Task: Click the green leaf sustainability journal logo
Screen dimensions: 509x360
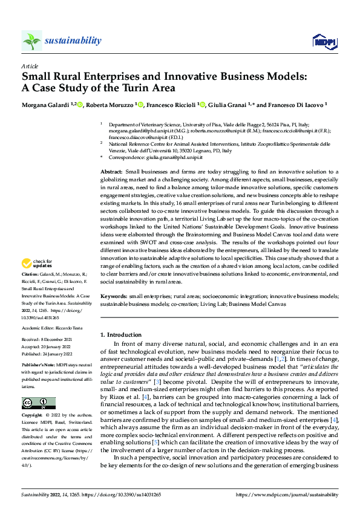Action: pyautogui.click(x=32, y=41)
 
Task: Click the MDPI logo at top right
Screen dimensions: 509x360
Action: pyautogui.click(x=322, y=41)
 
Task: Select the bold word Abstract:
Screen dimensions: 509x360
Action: pyautogui.click(x=111, y=172)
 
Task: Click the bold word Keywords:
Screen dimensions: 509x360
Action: pyautogui.click(x=113, y=297)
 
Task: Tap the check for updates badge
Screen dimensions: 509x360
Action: pyautogui.click(x=36, y=264)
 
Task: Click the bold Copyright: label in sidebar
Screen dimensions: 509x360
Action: pyautogui.click(x=33, y=416)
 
